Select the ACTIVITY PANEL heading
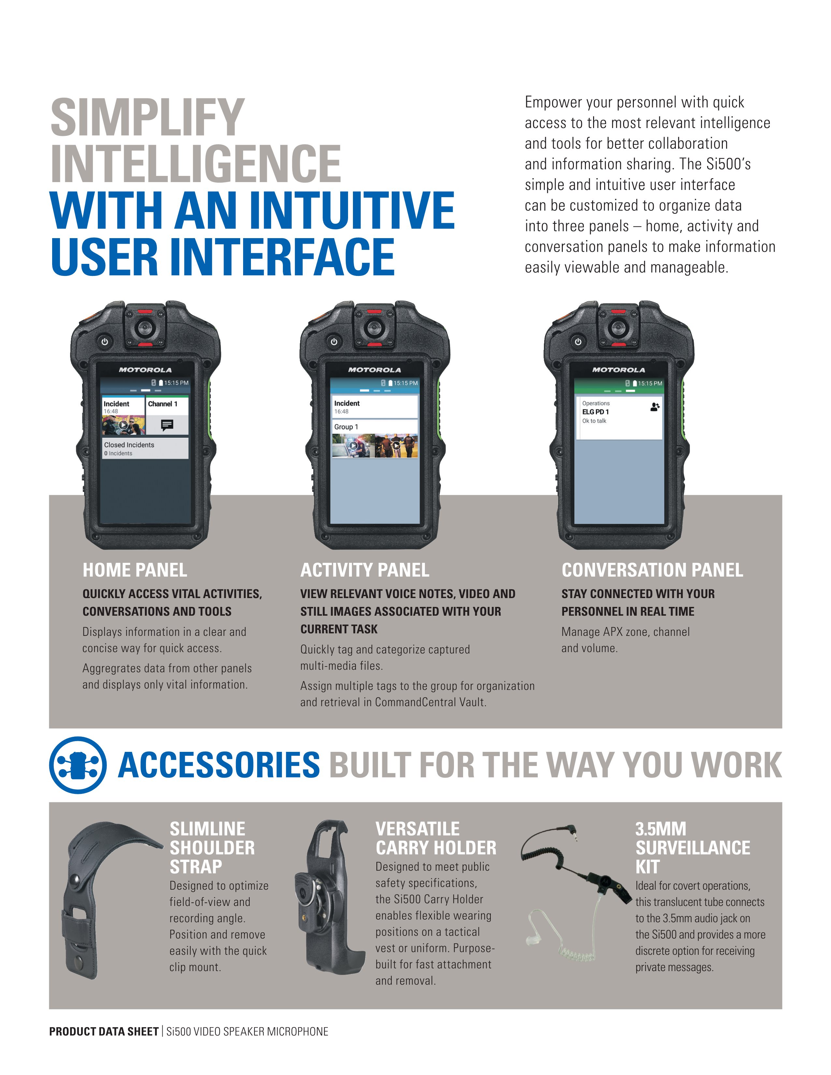364,570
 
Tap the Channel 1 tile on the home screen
167,416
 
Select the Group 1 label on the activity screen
346,427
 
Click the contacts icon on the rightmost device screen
654,407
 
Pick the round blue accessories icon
77,765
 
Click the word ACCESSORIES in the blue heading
219,765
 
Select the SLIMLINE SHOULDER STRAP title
212,848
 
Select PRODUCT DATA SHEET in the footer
103,1031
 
